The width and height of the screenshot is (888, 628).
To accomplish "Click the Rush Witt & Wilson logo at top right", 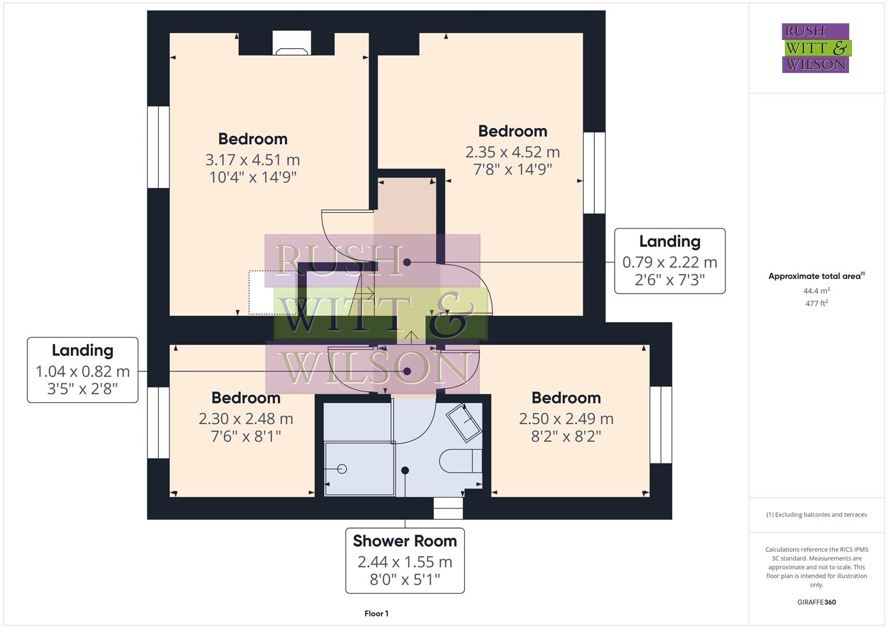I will click(x=815, y=48).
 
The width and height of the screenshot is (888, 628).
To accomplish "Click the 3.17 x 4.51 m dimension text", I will click(x=252, y=159).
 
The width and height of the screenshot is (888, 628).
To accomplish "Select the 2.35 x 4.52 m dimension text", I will click(x=512, y=152).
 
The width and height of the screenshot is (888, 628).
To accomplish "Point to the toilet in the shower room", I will click(x=461, y=461).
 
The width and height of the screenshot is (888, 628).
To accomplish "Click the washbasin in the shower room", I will click(x=464, y=421).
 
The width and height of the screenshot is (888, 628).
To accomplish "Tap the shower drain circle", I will click(x=341, y=469).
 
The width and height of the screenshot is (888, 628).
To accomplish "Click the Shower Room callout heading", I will click(x=405, y=541).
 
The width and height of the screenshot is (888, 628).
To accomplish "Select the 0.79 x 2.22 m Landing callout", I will click(x=669, y=262).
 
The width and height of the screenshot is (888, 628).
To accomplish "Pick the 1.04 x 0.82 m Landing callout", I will click(x=83, y=370).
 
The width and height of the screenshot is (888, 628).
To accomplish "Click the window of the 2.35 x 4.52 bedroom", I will click(x=594, y=173).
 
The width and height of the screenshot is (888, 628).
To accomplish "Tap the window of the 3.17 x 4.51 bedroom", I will click(x=158, y=147).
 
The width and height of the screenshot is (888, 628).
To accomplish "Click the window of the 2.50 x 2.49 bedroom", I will click(x=661, y=424).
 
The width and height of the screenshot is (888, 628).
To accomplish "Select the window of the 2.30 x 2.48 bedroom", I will click(x=158, y=423).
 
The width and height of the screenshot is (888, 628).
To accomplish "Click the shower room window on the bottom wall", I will click(x=448, y=508).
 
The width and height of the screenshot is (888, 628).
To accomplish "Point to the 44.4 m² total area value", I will click(x=816, y=291).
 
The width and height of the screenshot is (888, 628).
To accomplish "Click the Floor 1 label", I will click(x=376, y=613).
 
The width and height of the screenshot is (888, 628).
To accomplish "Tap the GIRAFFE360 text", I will click(x=816, y=602).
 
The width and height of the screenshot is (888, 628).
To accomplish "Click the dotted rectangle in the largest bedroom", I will click(x=272, y=292).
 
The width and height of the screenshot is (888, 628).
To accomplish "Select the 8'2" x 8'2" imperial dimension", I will click(x=566, y=436).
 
